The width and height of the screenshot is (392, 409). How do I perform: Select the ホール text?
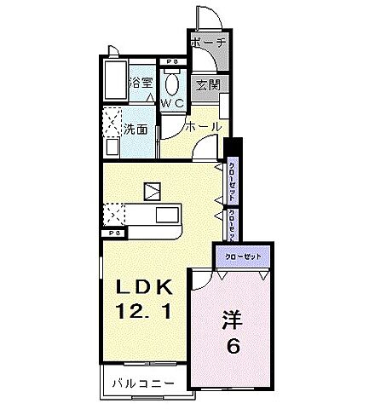coord(205,127)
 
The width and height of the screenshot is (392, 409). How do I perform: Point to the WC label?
coord(173,102)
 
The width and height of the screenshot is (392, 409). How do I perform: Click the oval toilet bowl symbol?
coord(172,84)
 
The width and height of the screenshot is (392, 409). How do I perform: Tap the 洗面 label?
coord(135,131)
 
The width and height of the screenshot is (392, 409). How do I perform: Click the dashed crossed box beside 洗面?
coord(111,120)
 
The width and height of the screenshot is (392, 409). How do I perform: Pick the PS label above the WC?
coord(172,60)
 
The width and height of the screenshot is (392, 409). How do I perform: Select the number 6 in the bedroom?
coord(233,347)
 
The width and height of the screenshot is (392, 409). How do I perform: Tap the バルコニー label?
coord(143,384)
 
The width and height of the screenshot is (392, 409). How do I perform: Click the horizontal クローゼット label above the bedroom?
coord(242,256)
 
